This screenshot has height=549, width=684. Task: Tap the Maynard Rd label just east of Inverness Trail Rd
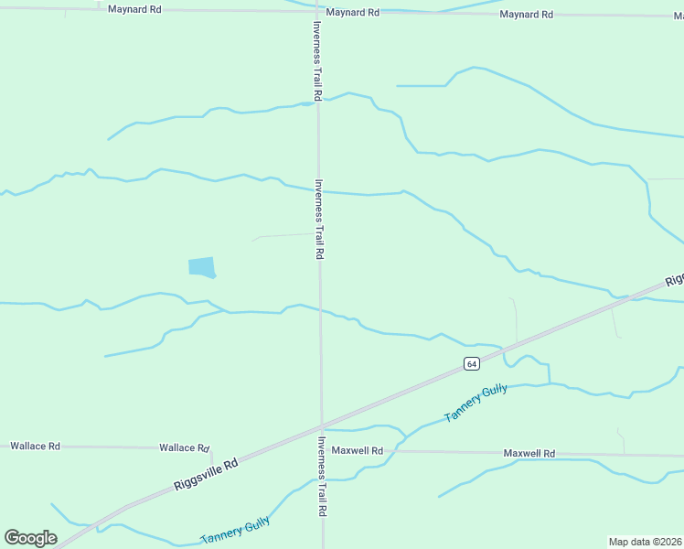point(352,13)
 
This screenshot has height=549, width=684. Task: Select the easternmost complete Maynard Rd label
point(527,15)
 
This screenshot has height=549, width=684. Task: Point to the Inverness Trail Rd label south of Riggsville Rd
point(322,477)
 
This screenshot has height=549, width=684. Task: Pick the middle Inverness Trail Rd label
point(319,219)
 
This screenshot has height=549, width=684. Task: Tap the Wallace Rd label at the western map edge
point(35,446)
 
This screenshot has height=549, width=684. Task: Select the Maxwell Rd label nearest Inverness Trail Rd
point(357,450)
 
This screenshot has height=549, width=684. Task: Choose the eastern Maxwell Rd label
point(529,454)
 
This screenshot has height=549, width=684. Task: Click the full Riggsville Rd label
point(208,476)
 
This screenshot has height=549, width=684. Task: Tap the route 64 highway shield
point(471,363)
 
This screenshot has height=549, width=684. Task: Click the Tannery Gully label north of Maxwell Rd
point(475,403)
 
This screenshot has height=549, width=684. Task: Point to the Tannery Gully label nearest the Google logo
point(235,531)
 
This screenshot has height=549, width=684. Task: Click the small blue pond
point(201,266)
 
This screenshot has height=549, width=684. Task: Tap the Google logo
point(31,538)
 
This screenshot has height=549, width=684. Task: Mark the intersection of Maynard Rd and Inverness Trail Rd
point(316,11)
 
